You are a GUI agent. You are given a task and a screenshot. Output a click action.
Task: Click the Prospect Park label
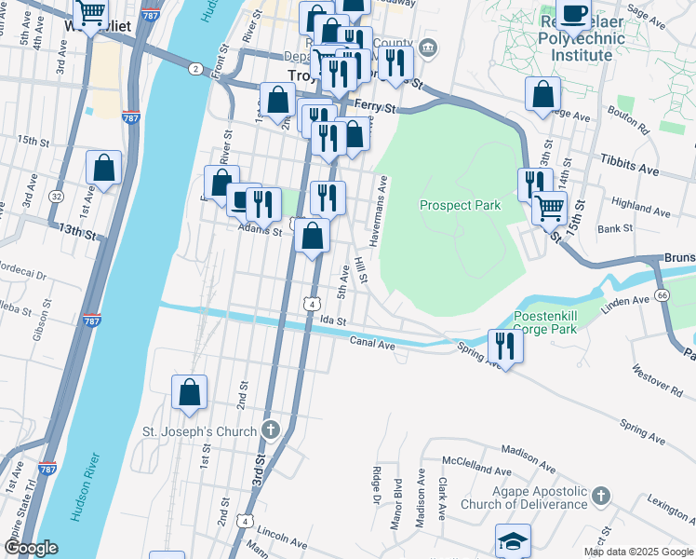coord(460,205)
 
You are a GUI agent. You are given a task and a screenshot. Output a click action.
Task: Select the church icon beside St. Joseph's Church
coord(270,429)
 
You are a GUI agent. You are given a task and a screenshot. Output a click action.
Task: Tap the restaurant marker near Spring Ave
coord(505,345)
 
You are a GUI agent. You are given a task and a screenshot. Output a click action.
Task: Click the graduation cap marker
coord(513,541)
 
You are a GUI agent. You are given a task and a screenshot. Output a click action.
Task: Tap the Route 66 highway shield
coord(662,295)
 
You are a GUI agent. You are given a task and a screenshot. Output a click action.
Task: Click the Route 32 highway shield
coord(57,197)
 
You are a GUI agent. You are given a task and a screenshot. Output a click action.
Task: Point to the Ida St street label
coord(333,320)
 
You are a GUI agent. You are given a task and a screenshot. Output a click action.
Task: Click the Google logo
coord(30,549)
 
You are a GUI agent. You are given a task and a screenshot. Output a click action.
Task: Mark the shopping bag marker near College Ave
coord(542,94)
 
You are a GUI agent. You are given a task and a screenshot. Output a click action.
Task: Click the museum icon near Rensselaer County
coord(427,47)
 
